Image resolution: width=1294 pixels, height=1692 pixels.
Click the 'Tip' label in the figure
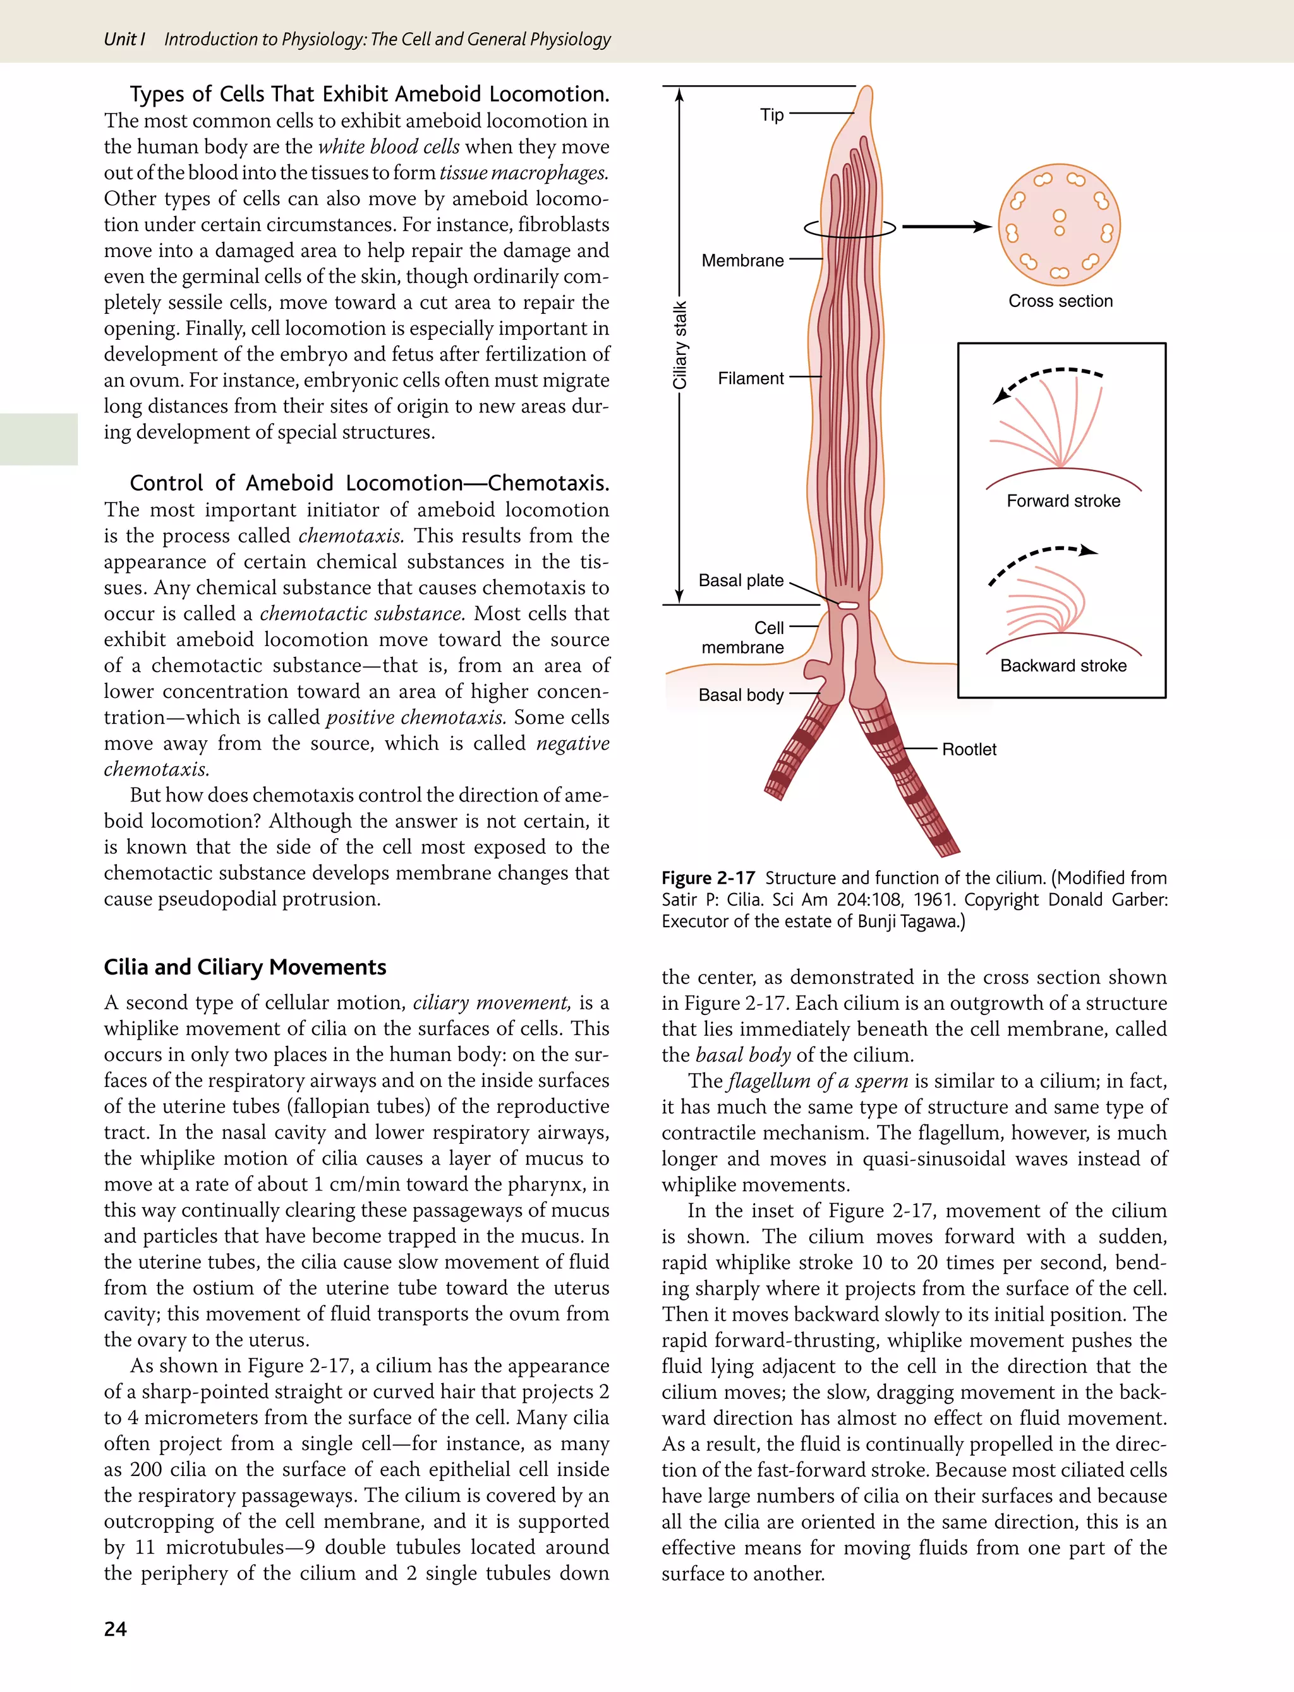click(771, 115)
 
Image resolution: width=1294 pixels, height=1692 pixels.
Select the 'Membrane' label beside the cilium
click(742, 260)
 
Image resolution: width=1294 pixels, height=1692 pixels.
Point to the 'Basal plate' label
click(741, 580)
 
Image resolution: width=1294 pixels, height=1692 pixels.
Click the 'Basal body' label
click(741, 695)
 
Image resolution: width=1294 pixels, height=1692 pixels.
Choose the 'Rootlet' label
click(969, 749)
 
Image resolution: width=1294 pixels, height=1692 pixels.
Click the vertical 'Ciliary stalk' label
click(680, 345)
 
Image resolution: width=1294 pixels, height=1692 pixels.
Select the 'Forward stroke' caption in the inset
click(1063, 501)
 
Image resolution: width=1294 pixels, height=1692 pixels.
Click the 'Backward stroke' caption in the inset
click(1063, 666)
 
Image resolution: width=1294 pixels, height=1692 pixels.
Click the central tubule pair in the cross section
click(1059, 222)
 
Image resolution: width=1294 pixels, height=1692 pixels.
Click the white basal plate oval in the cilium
click(848, 606)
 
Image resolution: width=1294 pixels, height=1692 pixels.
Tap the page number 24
click(115, 1629)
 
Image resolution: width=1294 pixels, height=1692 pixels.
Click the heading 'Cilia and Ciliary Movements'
click(245, 967)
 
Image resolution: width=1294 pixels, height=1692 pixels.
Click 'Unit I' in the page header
click(124, 39)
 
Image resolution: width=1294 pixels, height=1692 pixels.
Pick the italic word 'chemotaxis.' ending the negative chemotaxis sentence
click(156, 769)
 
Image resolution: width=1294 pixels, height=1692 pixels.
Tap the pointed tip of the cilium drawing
click(868, 89)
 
